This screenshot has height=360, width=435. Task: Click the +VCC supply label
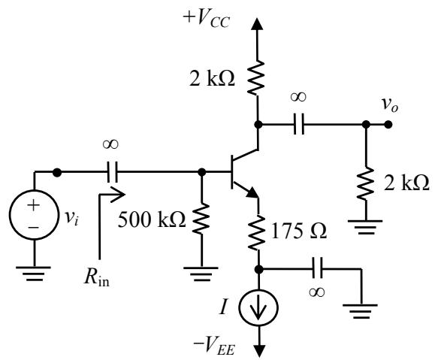pyautogui.click(x=206, y=20)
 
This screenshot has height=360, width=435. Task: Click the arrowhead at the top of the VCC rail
pyautogui.click(x=257, y=24)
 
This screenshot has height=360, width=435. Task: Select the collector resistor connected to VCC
pyautogui.click(x=257, y=77)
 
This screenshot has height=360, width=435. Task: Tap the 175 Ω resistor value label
pyautogui.click(x=299, y=231)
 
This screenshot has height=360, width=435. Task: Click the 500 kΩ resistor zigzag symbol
pyautogui.click(x=201, y=219)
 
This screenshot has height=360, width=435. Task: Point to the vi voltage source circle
pyautogui.click(x=34, y=214)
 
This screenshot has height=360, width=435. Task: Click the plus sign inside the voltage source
pyautogui.click(x=34, y=205)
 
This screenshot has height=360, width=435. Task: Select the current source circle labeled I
pyautogui.click(x=258, y=307)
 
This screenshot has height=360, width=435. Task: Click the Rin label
pyautogui.click(x=97, y=277)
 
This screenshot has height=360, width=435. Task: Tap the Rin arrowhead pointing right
pyautogui.click(x=118, y=194)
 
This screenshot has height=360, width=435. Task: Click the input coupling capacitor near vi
pyautogui.click(x=112, y=172)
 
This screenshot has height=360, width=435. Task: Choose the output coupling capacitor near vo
pyautogui.click(x=299, y=124)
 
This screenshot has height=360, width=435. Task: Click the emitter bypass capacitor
pyautogui.click(x=317, y=268)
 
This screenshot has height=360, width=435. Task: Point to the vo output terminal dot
pyautogui.click(x=388, y=125)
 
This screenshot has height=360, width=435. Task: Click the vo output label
pyautogui.click(x=390, y=105)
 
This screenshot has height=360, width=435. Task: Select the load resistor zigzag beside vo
pyautogui.click(x=366, y=183)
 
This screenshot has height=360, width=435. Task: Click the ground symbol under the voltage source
pyautogui.click(x=34, y=274)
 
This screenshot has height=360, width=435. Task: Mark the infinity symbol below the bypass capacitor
pyautogui.click(x=316, y=292)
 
